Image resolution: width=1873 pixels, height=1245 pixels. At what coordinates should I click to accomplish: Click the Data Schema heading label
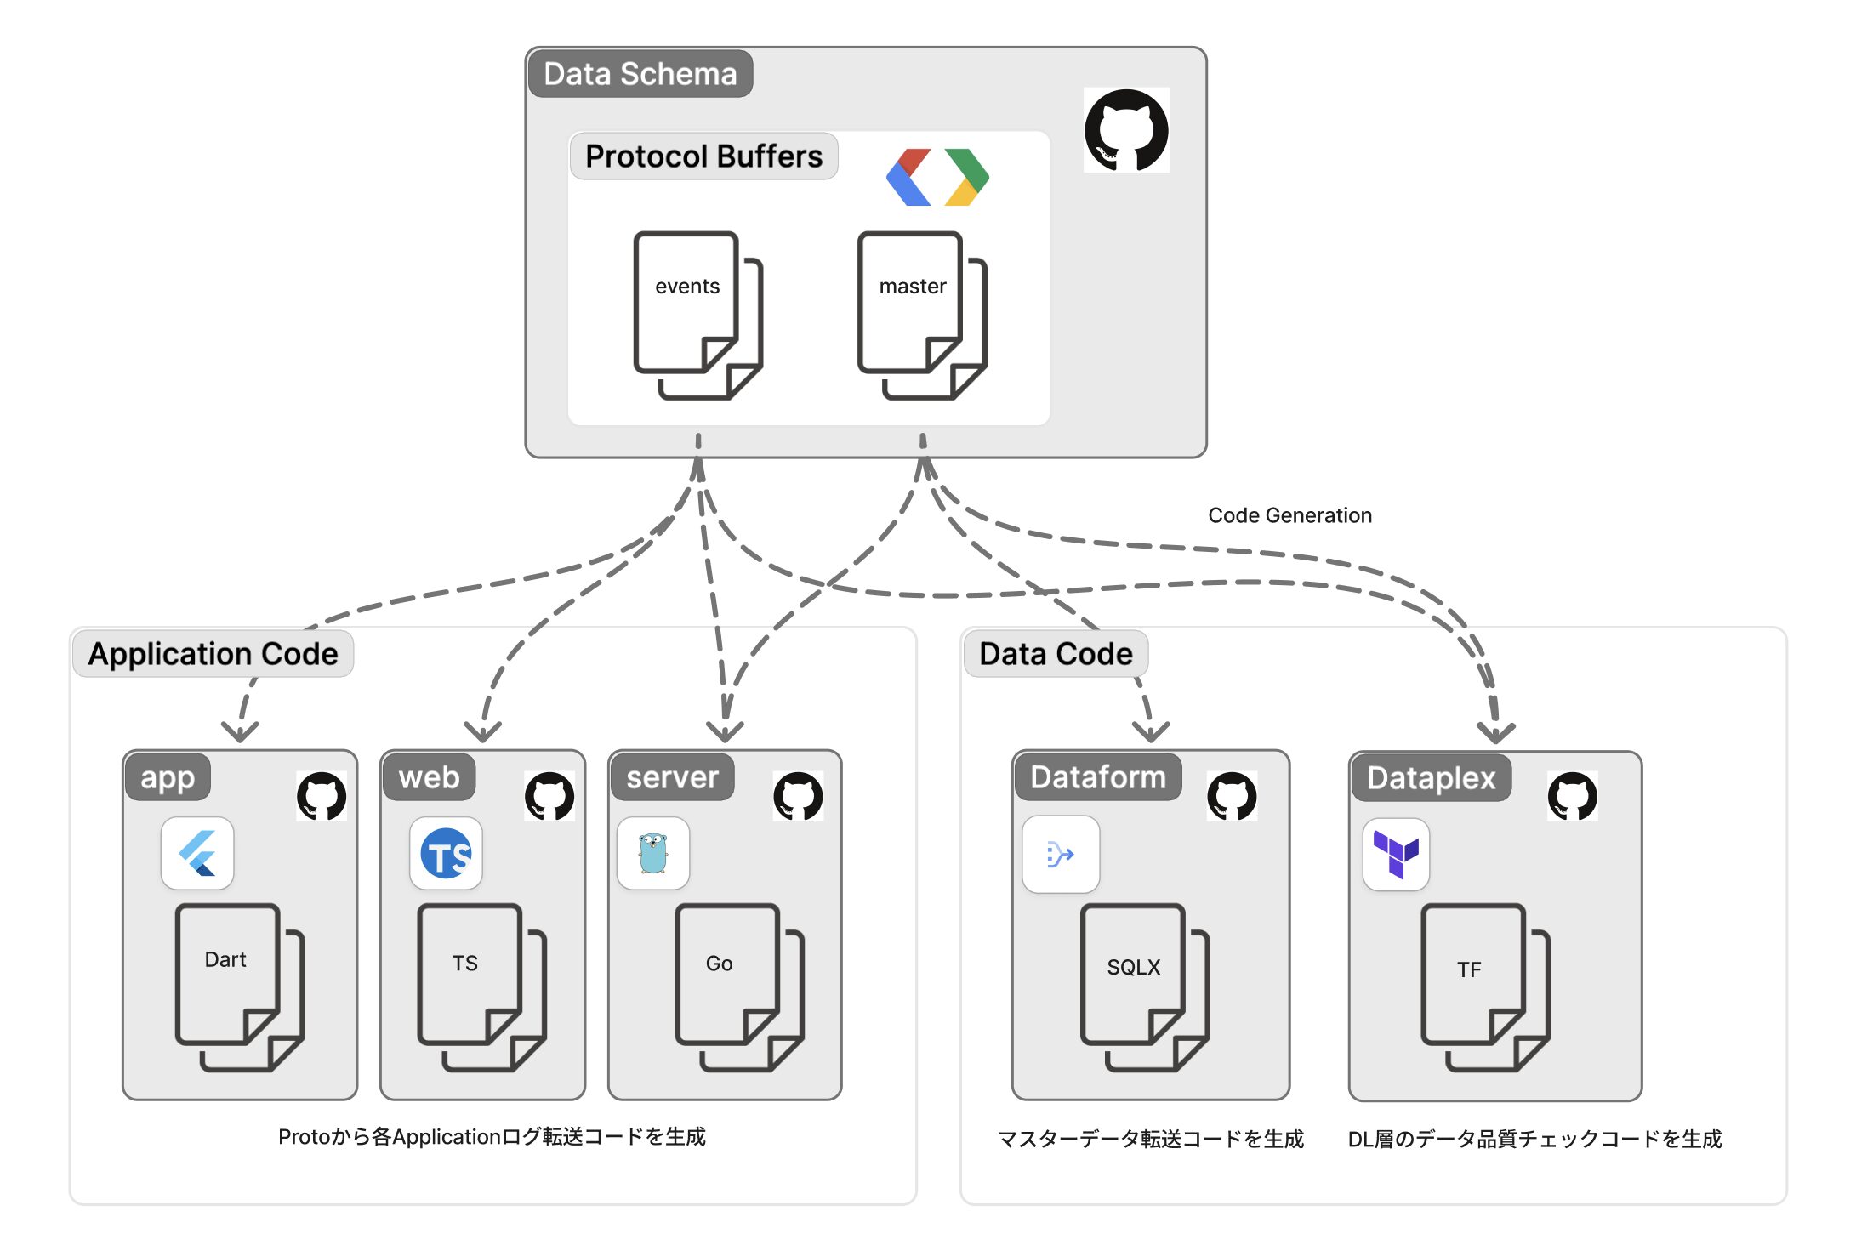coord(640,74)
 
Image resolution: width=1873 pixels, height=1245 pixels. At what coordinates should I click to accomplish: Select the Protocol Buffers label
coord(703,156)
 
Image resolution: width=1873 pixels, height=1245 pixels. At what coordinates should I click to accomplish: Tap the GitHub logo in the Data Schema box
coord(1126,130)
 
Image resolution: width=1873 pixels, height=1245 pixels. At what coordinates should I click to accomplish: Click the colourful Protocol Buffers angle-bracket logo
coord(937,177)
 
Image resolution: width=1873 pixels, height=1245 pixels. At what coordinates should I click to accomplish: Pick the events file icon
coord(697,314)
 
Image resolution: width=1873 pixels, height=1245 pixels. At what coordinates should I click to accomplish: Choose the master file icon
coord(921,314)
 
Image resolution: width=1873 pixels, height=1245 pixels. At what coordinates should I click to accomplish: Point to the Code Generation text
coord(1289,515)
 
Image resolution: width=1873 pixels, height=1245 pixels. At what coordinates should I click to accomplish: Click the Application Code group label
coord(213,654)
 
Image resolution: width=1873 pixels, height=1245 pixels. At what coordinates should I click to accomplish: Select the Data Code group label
coord(1056,654)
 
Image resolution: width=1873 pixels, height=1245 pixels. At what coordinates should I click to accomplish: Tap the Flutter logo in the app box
coord(197,853)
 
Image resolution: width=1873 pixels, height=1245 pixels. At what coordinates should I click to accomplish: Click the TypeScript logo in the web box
coord(446,853)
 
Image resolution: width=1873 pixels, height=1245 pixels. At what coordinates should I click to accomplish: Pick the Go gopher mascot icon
coord(652,853)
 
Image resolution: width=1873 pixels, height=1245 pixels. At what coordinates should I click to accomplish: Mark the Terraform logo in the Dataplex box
coord(1396,854)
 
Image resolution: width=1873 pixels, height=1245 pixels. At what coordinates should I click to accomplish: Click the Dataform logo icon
coord(1060,854)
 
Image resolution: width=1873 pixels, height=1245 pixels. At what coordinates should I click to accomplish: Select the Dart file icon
coord(239,986)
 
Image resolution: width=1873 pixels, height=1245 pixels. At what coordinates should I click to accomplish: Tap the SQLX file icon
coord(1144,986)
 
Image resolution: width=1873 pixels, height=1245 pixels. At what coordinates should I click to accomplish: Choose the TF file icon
coord(1484,986)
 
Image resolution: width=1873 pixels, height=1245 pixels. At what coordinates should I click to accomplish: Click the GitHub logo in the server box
coord(798,796)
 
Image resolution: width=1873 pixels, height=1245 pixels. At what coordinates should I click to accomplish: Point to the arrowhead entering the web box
coord(483,732)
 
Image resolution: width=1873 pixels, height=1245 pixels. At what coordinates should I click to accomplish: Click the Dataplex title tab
coord(1431,778)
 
